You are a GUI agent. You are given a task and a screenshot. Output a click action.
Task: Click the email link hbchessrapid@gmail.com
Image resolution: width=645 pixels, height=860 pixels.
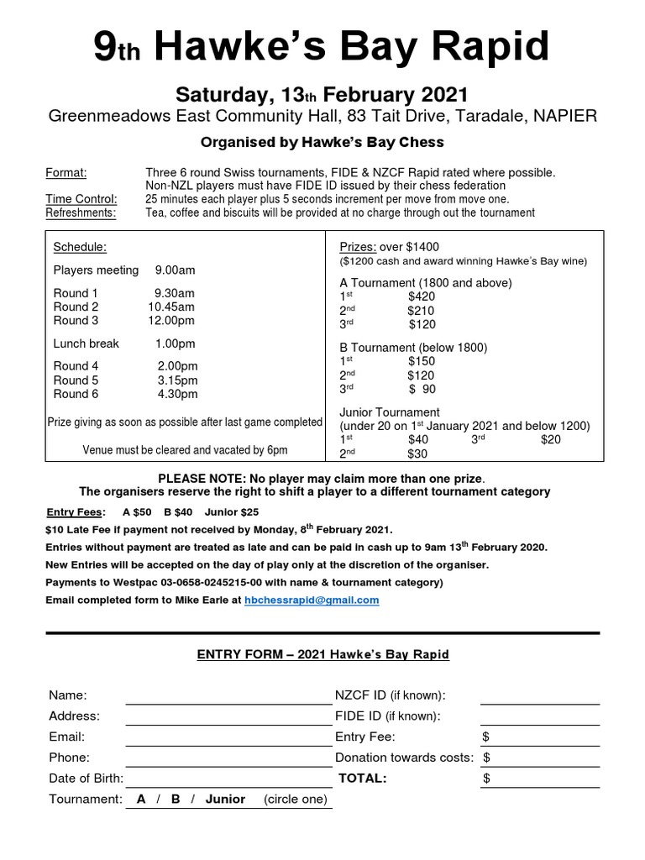[x=312, y=600]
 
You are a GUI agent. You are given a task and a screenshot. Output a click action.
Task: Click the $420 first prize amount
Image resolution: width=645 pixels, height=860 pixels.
[x=422, y=296]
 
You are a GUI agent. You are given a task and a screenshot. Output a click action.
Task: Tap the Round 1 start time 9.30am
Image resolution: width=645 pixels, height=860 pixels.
[x=175, y=292]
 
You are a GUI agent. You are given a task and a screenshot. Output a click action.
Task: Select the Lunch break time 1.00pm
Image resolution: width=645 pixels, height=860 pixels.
[x=175, y=343]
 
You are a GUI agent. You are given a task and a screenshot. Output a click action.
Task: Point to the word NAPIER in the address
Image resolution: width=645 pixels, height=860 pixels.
[x=566, y=116]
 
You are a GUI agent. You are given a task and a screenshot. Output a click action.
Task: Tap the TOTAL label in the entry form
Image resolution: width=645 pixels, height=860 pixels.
[x=362, y=779]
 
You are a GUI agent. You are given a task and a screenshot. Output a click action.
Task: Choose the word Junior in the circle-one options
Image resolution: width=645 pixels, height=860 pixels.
[x=225, y=799]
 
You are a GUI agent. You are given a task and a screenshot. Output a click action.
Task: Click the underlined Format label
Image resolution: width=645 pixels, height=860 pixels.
[x=66, y=173]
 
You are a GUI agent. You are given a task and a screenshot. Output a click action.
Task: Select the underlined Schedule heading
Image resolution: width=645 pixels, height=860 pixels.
[x=80, y=247]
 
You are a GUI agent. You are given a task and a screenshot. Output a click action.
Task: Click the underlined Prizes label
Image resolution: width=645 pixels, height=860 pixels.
[x=357, y=247]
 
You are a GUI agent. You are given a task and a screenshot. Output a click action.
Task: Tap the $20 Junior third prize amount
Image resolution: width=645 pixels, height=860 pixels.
[x=551, y=439]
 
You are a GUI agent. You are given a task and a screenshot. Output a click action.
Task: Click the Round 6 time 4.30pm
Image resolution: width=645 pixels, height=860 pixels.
[x=177, y=393]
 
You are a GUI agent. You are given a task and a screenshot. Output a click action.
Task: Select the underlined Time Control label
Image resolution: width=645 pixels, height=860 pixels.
[x=81, y=199]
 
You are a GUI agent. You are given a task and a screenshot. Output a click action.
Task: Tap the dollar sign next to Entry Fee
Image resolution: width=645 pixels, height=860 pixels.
[x=486, y=737]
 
